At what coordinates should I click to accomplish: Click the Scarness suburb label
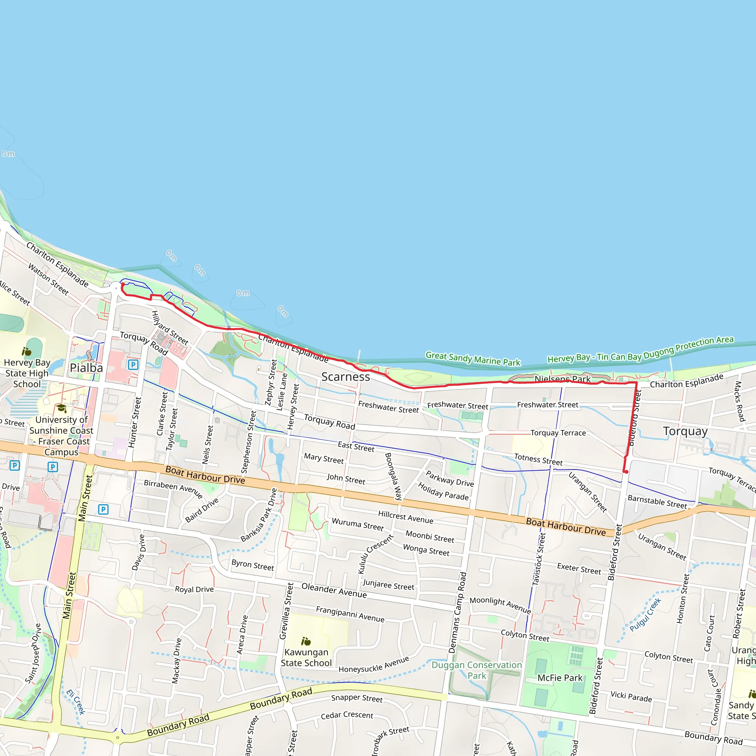tap(346, 377)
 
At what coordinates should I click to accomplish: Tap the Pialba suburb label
tap(86, 367)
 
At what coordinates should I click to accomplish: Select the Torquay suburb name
tap(685, 431)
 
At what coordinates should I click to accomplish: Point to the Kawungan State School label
tap(306, 657)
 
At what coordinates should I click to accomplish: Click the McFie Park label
tap(560, 678)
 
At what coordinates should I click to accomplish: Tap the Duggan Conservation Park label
tap(477, 670)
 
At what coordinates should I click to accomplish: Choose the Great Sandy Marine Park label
tap(473, 358)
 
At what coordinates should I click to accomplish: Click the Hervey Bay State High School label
tap(27, 373)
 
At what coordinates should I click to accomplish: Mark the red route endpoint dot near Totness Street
tap(626, 471)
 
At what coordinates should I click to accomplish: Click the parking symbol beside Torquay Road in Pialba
tap(133, 365)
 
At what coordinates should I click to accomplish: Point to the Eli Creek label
tap(76, 702)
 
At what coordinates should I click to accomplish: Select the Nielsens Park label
tap(562, 379)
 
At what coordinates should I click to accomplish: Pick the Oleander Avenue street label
tap(334, 590)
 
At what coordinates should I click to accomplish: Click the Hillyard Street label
tap(170, 327)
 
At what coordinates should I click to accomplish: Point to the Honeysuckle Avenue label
tap(374, 664)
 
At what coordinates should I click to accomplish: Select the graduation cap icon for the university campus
tap(61, 409)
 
